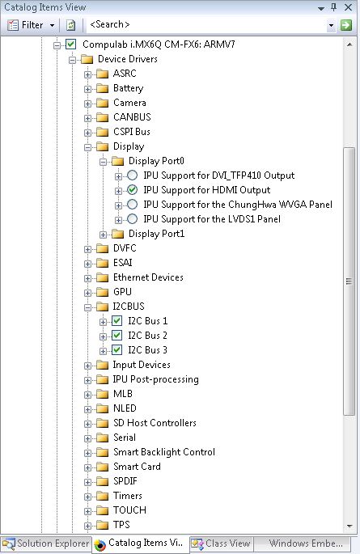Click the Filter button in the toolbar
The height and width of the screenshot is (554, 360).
pos(31,25)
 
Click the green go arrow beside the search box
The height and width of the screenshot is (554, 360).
pos(346,25)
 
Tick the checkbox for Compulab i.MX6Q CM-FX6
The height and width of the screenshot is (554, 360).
pos(71,44)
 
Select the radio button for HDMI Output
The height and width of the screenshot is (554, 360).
pos(132,190)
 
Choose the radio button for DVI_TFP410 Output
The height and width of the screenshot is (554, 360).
pos(132,176)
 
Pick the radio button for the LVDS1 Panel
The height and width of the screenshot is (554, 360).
pos(132,219)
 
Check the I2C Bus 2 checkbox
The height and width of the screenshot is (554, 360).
pos(116,336)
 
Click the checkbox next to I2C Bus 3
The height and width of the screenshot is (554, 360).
pos(116,349)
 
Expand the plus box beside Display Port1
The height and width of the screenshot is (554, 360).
pos(103,235)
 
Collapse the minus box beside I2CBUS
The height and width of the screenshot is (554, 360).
pos(87,307)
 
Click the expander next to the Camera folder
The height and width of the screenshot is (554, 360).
pos(87,104)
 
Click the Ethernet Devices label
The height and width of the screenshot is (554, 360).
pos(148,277)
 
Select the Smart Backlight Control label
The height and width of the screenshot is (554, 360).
pos(164,452)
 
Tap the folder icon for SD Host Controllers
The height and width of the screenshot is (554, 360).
pos(102,423)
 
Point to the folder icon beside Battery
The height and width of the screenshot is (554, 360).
pos(102,88)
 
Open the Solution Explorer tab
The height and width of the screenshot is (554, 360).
pos(46,543)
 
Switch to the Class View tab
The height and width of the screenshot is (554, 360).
pos(222,543)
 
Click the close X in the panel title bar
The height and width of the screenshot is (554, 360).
pos(349,7)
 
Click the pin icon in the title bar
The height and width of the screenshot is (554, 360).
pos(334,7)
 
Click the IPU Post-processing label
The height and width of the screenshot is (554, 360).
pos(156,379)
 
